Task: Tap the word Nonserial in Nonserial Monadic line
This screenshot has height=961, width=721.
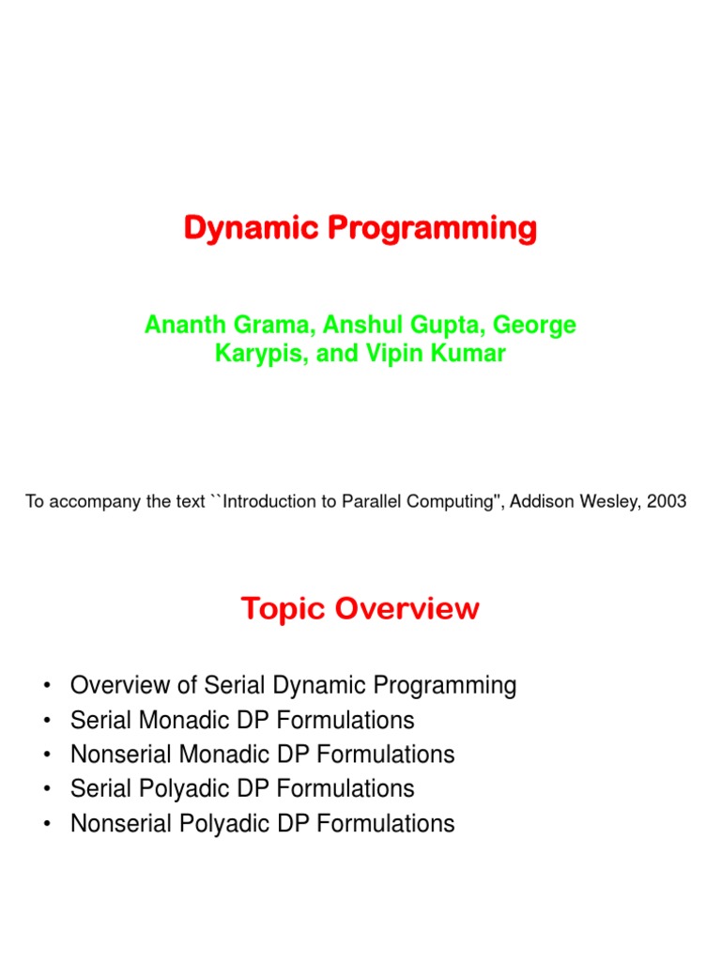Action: pos(118,755)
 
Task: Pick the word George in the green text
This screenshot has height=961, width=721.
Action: pos(535,326)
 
